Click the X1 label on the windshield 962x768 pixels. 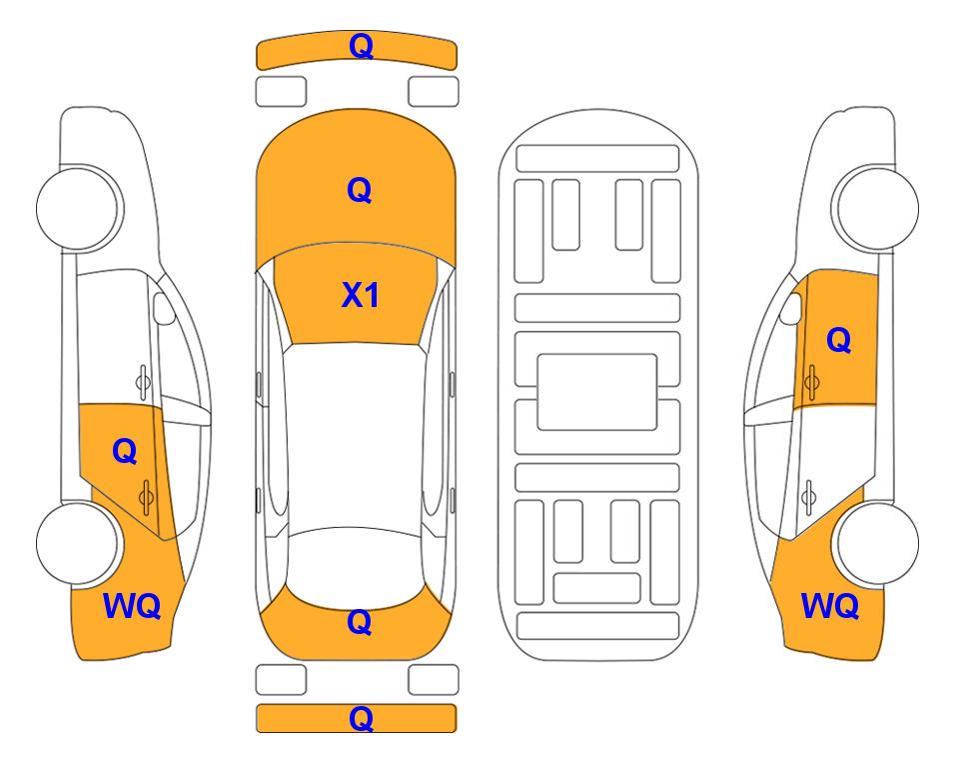[361, 295]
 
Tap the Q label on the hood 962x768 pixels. [360, 190]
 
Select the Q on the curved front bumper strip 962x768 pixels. [361, 46]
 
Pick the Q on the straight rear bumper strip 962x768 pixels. [361, 718]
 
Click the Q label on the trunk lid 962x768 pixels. [360, 622]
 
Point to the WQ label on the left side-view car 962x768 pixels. [132, 606]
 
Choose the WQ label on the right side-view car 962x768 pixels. [830, 606]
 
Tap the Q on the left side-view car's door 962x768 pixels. [125, 452]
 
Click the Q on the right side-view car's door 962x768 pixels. [839, 340]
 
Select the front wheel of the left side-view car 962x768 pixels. [78, 208]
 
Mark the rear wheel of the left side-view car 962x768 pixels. [78, 543]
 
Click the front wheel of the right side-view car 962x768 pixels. [877, 208]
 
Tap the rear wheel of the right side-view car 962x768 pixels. [877, 543]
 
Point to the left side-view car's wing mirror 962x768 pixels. [163, 308]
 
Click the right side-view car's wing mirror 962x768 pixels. [791, 308]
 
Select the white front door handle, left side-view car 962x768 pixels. [143, 382]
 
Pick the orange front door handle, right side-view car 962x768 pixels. [812, 382]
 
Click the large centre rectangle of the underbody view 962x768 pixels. [597, 392]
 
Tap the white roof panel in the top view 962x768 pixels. [355, 436]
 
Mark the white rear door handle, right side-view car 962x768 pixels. [809, 498]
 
